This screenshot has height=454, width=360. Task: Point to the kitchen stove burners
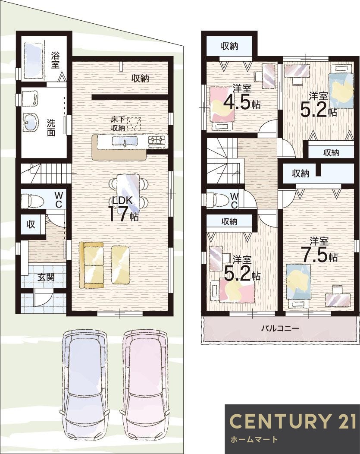(x=157, y=140)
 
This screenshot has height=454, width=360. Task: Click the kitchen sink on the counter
(x=125, y=141)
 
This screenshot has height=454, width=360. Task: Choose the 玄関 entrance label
(x=45, y=277)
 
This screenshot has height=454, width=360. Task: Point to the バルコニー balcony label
(x=280, y=328)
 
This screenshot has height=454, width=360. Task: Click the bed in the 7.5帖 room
(x=298, y=283)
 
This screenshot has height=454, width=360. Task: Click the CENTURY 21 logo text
(x=292, y=421)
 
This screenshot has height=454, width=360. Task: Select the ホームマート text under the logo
(x=253, y=439)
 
